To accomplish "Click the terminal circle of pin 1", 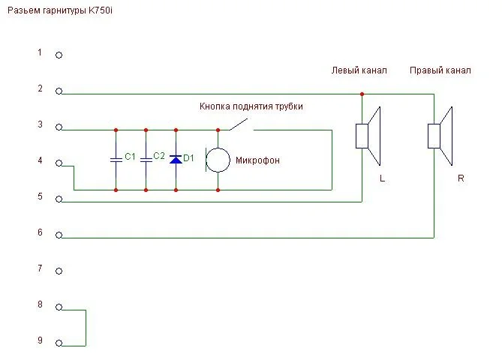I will tap(59, 55).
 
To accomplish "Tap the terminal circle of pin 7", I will tap(59, 271).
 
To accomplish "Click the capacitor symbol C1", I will tap(116, 159).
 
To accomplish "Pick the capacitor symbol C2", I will tap(146, 159).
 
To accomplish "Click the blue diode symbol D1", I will tap(176, 159).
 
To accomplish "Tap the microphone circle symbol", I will tap(218, 160).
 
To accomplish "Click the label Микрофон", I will tap(258, 160).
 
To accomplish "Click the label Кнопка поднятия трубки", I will tap(251, 107).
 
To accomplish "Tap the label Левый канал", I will tap(359, 70).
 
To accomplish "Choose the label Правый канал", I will tap(440, 70).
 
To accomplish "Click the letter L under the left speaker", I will tap(382, 178).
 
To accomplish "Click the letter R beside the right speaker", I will tap(461, 178).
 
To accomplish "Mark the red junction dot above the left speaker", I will tap(362, 94).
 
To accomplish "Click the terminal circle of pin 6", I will tap(59, 236).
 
